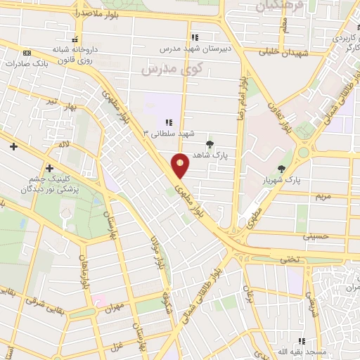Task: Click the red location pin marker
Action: [x=181, y=166]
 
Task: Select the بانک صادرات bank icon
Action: [x=27, y=53]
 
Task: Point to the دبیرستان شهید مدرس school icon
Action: [x=195, y=37]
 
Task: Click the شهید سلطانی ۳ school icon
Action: [x=169, y=122]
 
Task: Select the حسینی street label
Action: [x=316, y=237]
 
